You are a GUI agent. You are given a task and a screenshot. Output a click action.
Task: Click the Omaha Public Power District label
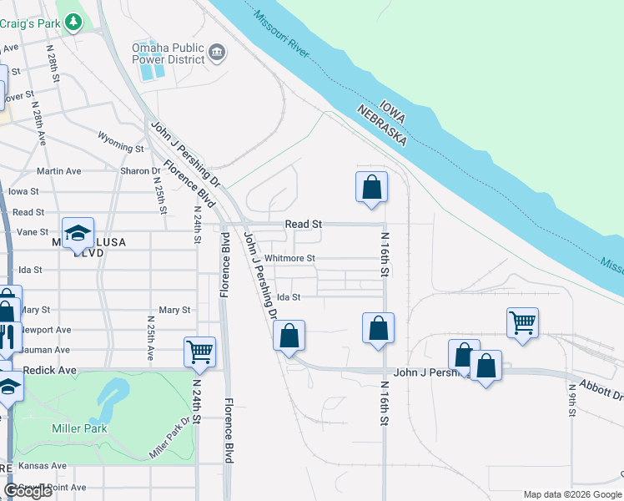168,53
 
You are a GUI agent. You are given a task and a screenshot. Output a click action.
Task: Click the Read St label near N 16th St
303,224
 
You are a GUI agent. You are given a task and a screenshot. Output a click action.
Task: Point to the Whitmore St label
290,259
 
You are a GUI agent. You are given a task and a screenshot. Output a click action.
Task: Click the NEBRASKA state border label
381,126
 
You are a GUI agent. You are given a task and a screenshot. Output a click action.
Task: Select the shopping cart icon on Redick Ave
200,352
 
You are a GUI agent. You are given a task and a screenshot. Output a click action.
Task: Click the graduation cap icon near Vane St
78,233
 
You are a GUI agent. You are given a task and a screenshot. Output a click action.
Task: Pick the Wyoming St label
121,141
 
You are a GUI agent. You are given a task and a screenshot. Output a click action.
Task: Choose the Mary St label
174,310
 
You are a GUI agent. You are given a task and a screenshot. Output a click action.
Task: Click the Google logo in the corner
28,491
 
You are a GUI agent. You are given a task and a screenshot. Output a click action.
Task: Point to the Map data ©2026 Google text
571,494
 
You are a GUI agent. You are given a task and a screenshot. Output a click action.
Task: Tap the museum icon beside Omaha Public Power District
218,53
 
